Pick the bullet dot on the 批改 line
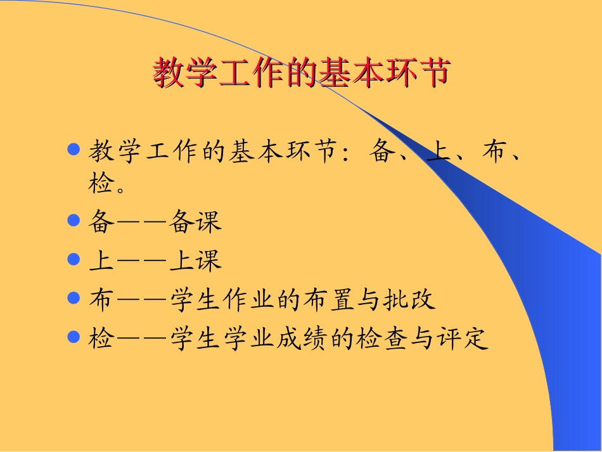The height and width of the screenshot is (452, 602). click(x=74, y=298)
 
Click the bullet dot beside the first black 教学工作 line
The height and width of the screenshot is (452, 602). click(x=74, y=150)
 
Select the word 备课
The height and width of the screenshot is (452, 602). click(x=196, y=221)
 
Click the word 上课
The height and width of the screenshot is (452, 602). click(x=196, y=260)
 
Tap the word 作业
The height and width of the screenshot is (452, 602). click(x=250, y=299)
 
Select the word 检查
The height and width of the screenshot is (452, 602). click(x=383, y=338)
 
